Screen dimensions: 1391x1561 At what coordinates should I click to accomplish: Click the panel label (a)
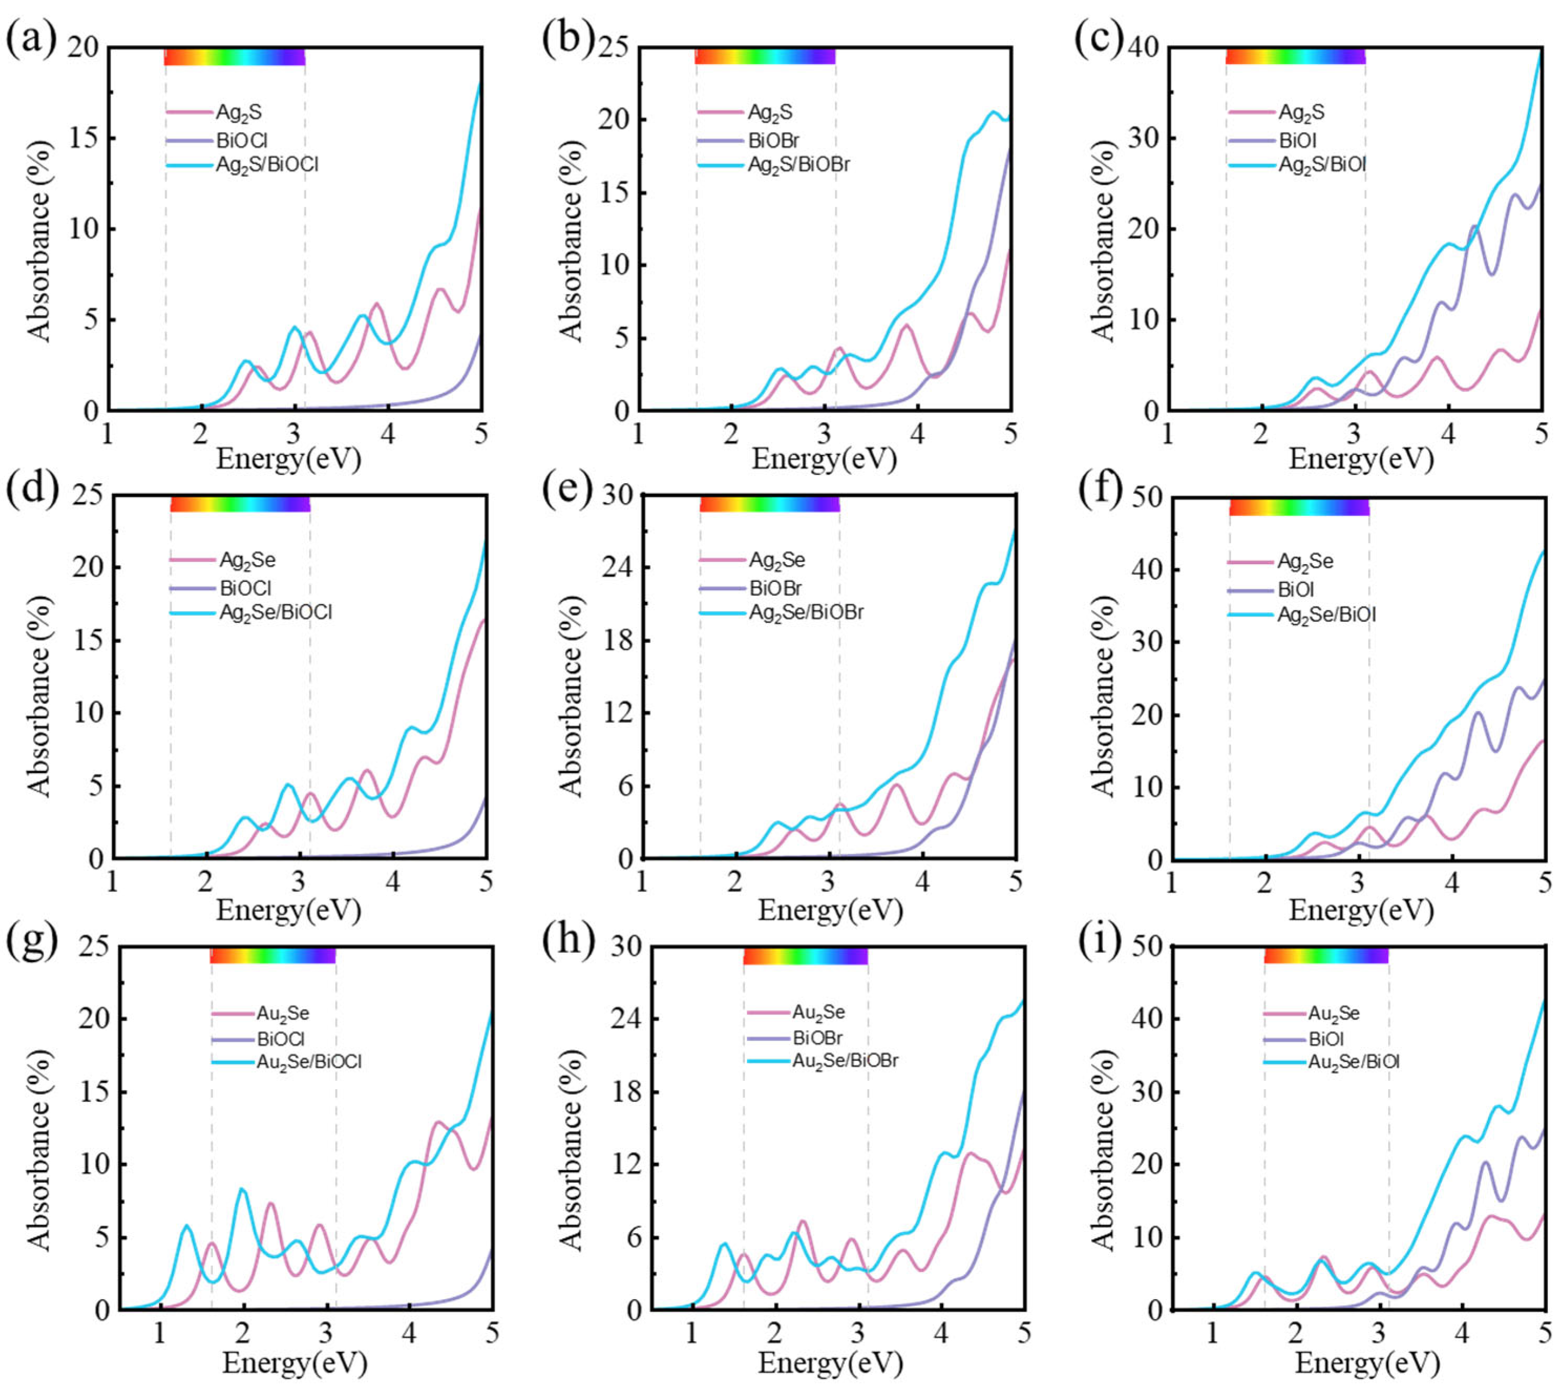tap(30, 38)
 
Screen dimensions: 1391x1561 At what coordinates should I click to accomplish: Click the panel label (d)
tap(30, 489)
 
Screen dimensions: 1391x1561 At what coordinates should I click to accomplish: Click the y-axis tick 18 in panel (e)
tap(617, 640)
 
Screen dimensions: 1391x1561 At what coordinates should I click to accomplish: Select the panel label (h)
tap(567, 942)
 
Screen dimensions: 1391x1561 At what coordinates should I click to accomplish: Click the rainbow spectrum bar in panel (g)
tap(272, 955)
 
